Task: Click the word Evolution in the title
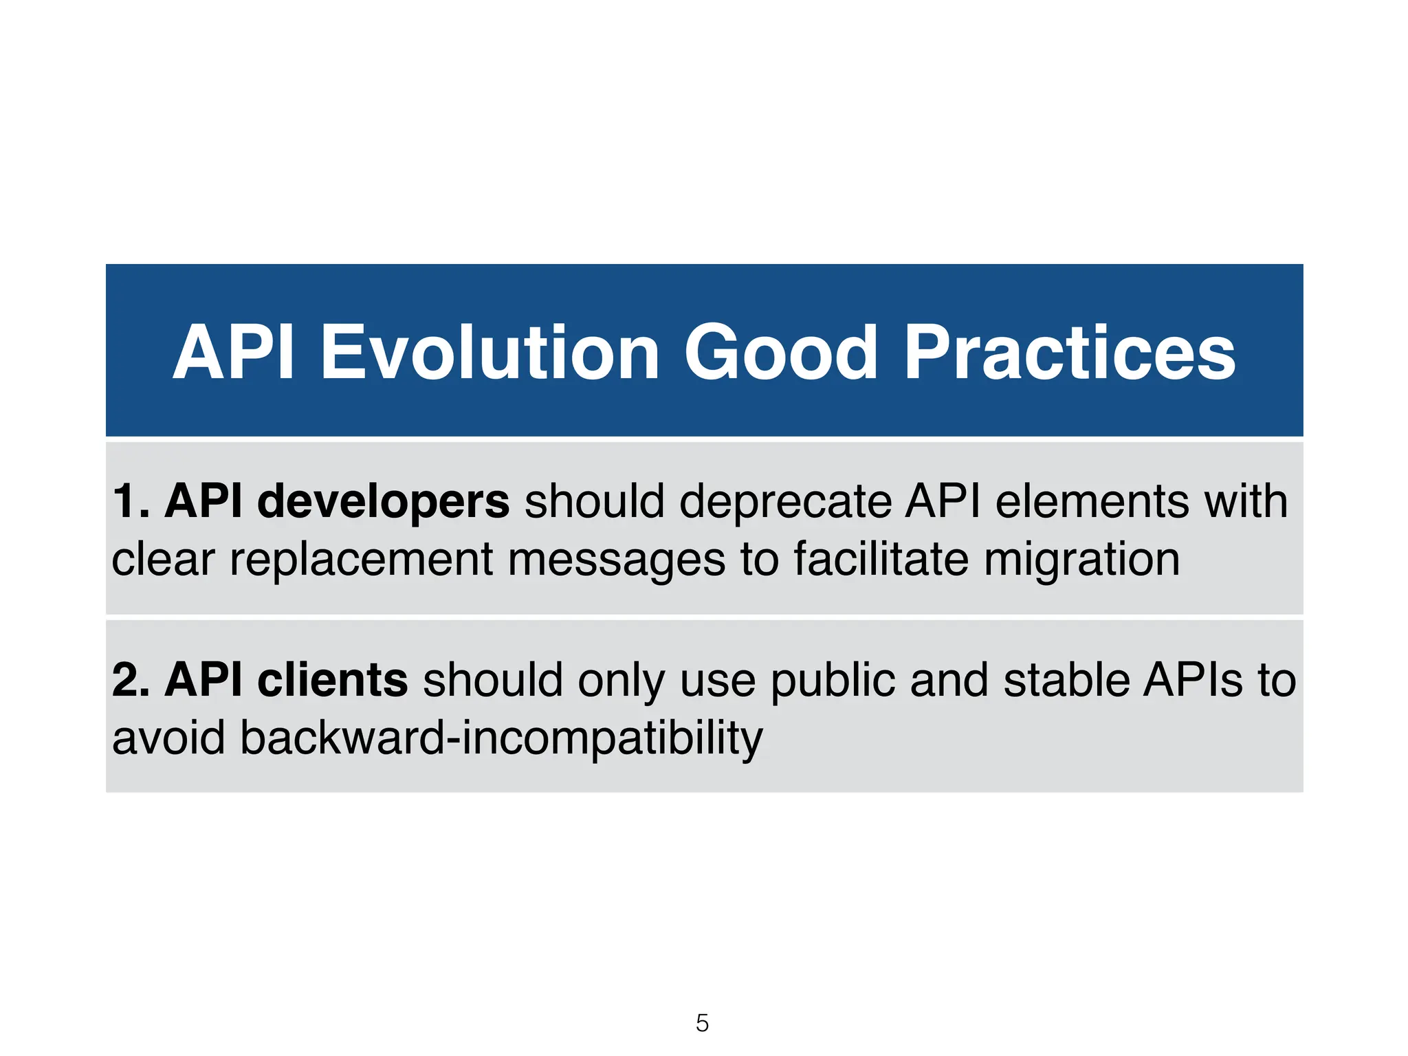[490, 353]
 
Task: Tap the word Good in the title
[780, 353]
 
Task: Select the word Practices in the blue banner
[1069, 353]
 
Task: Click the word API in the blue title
[234, 353]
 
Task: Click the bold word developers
[383, 502]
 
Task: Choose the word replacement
[361, 560]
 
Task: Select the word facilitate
[881, 558]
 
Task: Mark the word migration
[1081, 560]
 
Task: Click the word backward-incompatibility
[501, 738]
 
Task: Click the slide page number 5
[702, 1023]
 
